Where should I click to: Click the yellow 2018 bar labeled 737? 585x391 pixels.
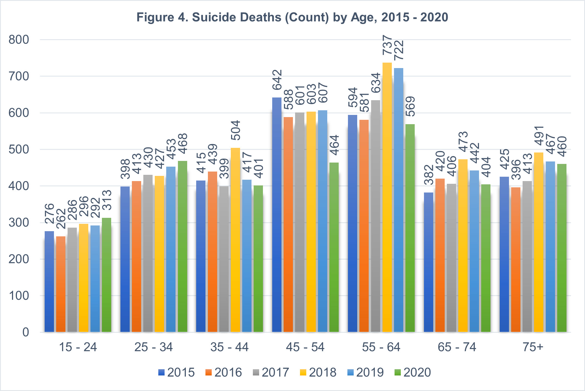point(387,197)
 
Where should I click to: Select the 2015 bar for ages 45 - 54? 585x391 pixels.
point(277,215)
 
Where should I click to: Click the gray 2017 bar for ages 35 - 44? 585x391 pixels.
point(224,259)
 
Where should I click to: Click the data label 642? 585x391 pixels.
point(277,80)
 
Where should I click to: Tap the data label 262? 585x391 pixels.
point(61,219)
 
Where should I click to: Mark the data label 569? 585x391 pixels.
point(410,106)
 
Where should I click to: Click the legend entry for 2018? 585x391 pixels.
point(318,372)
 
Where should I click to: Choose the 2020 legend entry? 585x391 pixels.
point(413,372)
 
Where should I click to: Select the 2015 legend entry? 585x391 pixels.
point(177,372)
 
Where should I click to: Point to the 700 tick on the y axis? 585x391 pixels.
point(19,76)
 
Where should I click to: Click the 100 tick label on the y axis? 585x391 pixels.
point(19,296)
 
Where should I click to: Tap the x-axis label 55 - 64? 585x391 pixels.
point(381,347)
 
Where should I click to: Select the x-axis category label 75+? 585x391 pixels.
point(533,347)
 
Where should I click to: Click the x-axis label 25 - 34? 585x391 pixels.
point(153,347)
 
